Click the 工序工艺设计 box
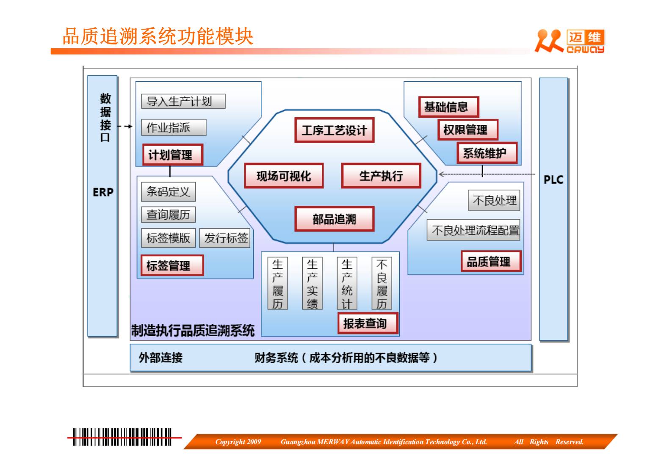334,130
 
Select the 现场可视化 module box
284,176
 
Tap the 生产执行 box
381,176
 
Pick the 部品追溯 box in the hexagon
334,219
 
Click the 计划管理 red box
173,155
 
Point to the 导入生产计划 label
183,101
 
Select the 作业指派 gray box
174,127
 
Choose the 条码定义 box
168,192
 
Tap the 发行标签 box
225,238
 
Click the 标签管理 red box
172,265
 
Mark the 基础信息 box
448,107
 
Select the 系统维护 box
487,153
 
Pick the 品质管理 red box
490,262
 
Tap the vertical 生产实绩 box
312,283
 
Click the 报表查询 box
368,323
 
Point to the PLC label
553,180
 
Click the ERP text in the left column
103,192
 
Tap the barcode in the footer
122,437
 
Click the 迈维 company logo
570,41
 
